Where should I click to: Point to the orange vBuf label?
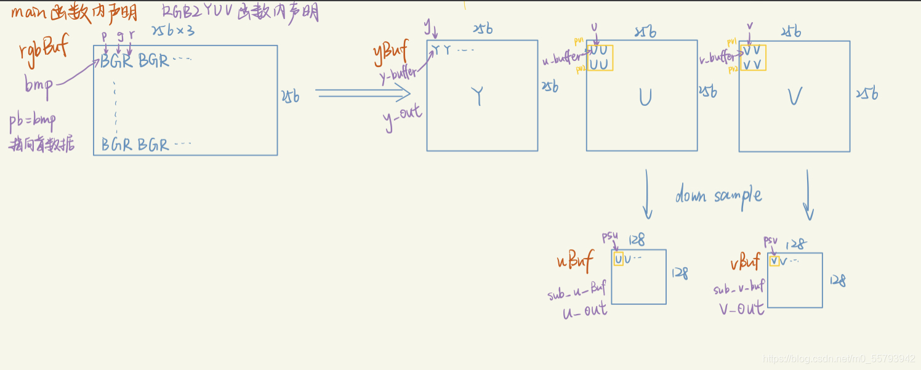(746, 263)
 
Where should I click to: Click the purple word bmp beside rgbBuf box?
(38, 84)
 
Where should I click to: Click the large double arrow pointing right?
(363, 94)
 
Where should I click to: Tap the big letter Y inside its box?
(478, 97)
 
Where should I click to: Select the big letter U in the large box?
(645, 97)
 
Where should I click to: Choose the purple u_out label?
(584, 310)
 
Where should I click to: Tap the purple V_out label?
(741, 308)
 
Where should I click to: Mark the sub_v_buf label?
(739, 287)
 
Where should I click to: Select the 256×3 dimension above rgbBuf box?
(173, 30)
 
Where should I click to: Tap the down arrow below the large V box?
(808, 195)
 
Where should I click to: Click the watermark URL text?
(839, 359)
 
